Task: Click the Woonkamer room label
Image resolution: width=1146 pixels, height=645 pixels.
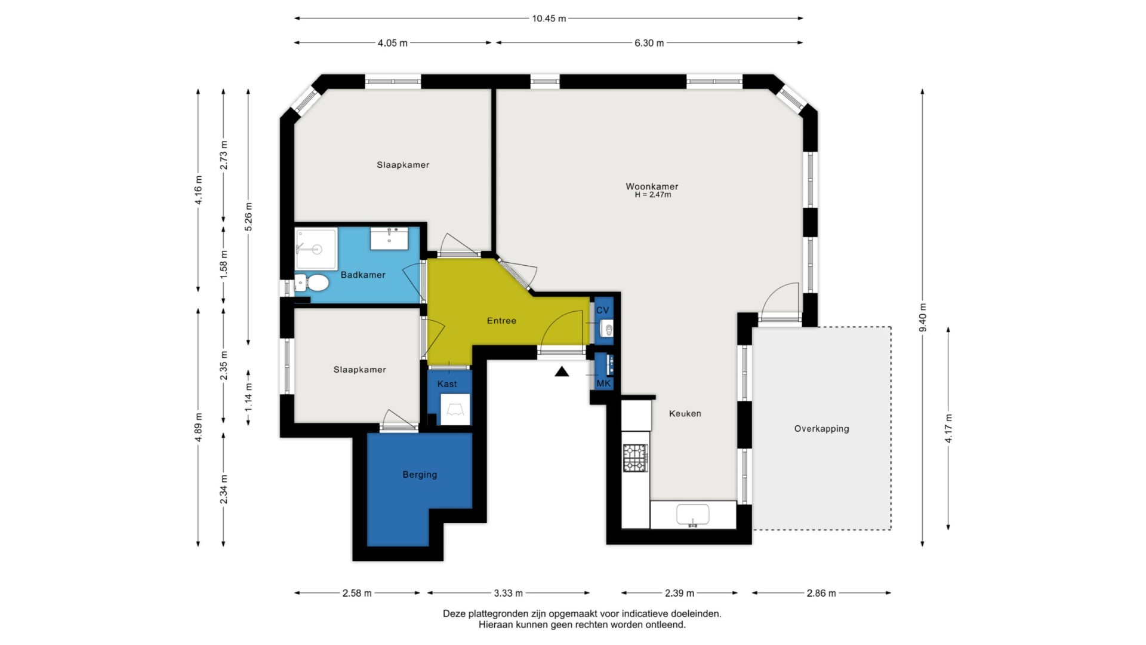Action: point(652,186)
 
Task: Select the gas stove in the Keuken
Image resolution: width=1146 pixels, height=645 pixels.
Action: point(635,458)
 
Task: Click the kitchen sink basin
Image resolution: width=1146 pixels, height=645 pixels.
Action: point(692,514)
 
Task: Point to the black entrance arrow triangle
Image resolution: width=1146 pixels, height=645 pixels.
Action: point(562,372)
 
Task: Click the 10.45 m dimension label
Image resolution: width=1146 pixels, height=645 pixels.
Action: point(549,19)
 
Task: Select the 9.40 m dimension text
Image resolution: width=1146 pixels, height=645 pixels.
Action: point(923,318)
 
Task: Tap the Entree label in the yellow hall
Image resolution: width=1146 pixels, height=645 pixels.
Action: point(501,321)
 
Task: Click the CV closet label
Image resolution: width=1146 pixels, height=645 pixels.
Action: point(603,310)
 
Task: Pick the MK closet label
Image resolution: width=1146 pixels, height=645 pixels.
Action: point(604,383)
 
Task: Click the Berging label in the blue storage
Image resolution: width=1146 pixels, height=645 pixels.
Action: point(420,475)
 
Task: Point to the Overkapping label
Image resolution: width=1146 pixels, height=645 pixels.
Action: point(821,429)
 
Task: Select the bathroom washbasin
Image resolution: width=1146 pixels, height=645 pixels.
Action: point(389,238)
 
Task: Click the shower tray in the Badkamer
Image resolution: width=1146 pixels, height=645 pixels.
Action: point(316,248)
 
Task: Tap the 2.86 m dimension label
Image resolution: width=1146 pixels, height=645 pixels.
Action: point(821,593)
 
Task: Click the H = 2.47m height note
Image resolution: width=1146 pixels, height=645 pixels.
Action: point(652,195)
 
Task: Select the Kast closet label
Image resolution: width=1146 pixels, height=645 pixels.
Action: point(447,384)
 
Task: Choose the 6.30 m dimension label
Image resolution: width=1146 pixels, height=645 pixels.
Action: point(649,43)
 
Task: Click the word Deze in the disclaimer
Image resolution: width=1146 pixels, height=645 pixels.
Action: point(454,613)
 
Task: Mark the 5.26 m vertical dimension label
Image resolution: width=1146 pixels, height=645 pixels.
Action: point(248,217)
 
